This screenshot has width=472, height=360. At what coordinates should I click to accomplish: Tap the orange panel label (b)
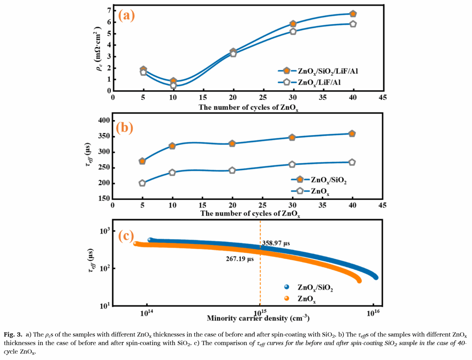tap(126, 127)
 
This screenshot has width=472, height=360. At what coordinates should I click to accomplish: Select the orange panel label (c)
tap(126, 236)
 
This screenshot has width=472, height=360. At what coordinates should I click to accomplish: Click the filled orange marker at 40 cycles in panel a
tap(353, 14)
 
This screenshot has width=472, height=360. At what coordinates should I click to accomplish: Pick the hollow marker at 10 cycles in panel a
tap(173, 85)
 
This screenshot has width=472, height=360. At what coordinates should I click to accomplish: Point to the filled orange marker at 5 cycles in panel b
tap(142, 161)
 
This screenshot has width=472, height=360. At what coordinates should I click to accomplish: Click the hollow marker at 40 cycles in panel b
tap(352, 162)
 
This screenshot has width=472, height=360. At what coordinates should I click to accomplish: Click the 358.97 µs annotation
tap(276, 243)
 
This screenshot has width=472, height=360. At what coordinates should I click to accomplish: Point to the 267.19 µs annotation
tap(239, 259)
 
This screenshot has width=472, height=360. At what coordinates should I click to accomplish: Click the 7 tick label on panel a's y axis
tap(108, 10)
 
